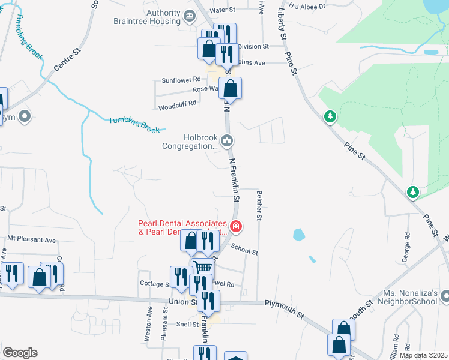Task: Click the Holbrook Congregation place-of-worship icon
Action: tap(227, 141)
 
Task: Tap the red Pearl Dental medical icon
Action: tap(236, 226)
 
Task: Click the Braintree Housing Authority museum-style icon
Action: tap(190, 16)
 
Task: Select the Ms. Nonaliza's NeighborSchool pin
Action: tap(445, 296)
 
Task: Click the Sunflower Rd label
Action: tap(181, 80)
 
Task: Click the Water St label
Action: tap(222, 10)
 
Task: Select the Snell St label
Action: tap(187, 325)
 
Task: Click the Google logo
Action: tap(20, 353)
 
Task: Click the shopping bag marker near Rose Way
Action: tap(230, 89)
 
